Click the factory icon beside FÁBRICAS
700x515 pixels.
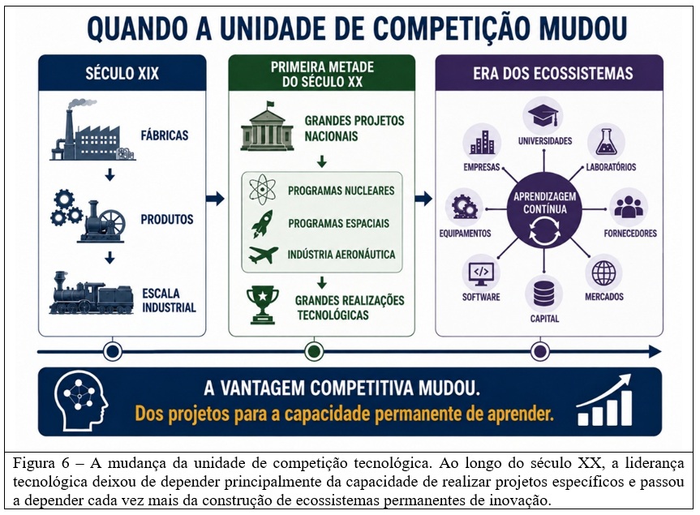tap(92, 130)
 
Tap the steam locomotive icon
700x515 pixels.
tap(91, 293)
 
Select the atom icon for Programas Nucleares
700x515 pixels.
tap(262, 190)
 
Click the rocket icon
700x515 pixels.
tap(262, 223)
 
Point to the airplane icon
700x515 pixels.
tap(264, 255)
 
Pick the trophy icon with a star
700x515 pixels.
tap(263, 305)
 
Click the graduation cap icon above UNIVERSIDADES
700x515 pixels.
tap(543, 116)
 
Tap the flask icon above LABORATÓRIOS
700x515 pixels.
tap(606, 143)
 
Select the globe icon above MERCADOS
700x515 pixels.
tap(603, 273)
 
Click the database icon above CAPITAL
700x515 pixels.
tap(543, 294)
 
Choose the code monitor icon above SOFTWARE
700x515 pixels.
tap(481, 273)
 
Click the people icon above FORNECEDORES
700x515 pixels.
tap(629, 207)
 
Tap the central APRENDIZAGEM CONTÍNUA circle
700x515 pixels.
tap(544, 210)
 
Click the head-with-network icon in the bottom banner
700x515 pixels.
tap(81, 400)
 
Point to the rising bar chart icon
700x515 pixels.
tap(604, 400)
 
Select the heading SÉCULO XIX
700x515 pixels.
tap(122, 73)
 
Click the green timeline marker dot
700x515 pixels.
tap(314, 352)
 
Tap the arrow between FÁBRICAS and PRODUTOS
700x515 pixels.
tap(110, 174)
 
